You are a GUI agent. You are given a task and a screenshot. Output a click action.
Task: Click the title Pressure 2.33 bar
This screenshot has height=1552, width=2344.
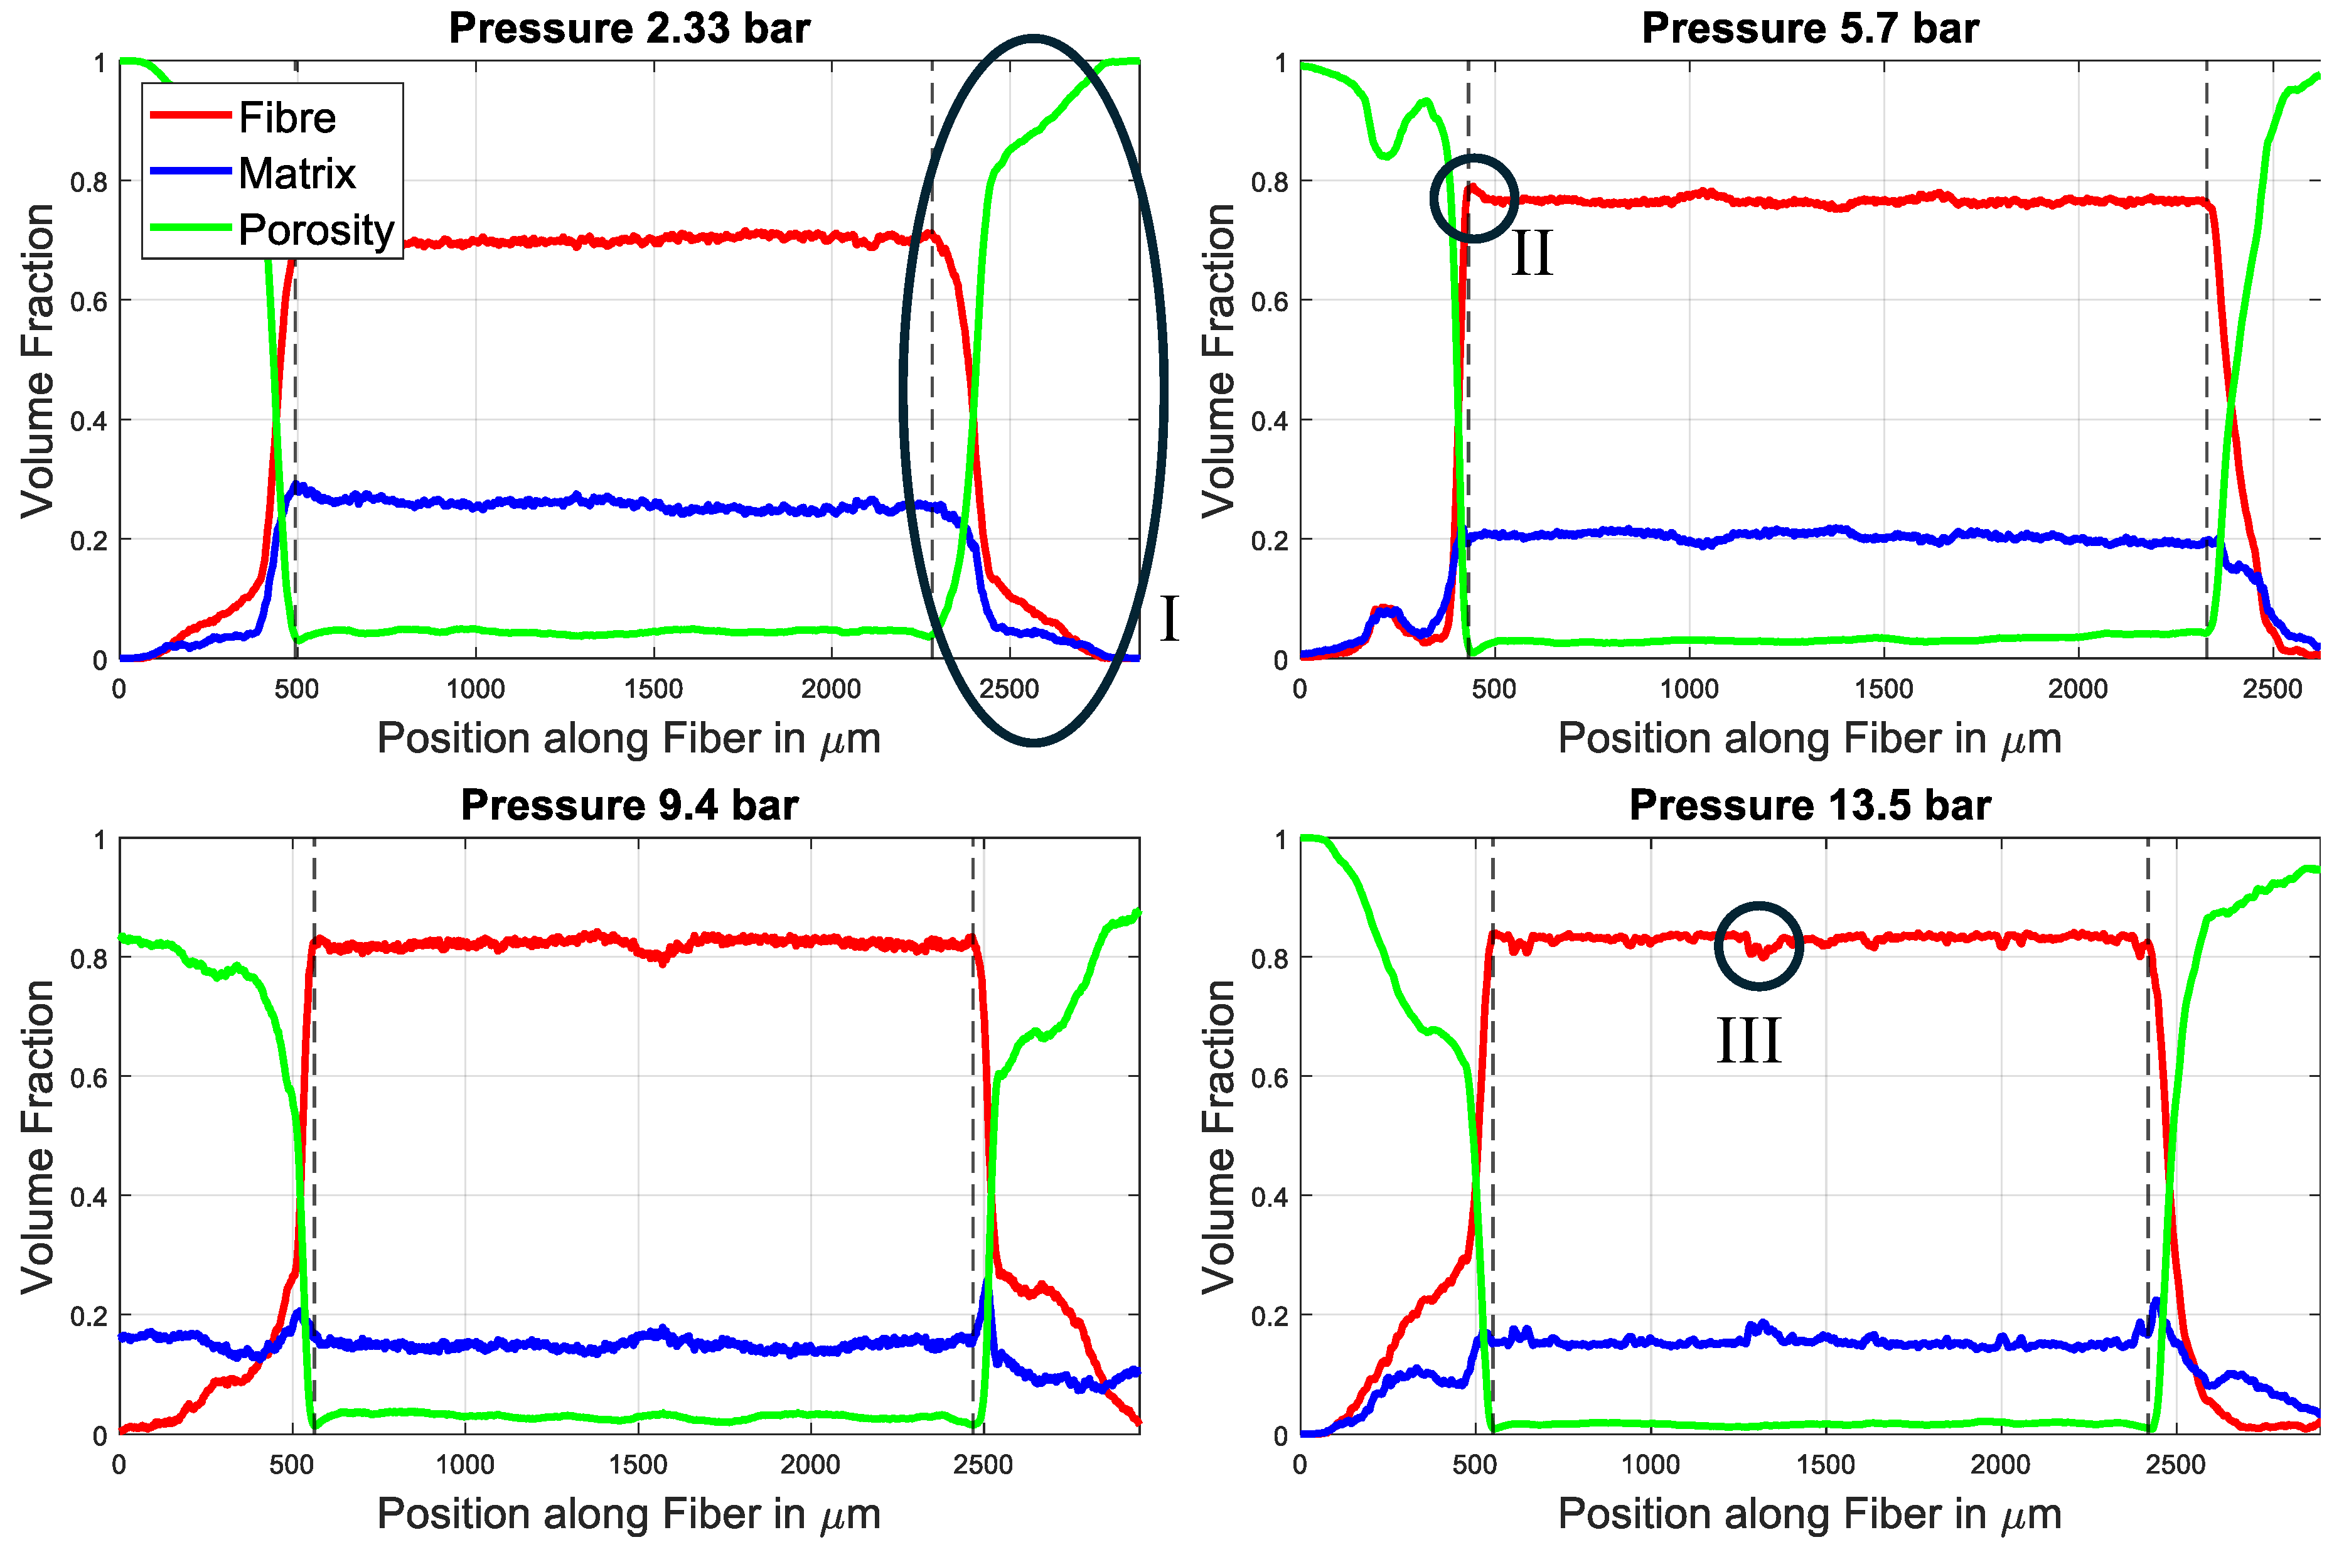[629, 28]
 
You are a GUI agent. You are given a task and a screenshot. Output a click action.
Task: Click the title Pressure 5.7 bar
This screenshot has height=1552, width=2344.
[1809, 28]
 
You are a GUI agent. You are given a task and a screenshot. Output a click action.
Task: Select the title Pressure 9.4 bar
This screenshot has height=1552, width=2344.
[629, 805]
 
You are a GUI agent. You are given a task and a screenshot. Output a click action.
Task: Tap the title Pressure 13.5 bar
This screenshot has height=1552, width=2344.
[1809, 805]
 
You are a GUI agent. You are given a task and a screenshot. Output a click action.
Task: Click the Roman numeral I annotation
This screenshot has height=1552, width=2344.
[1169, 619]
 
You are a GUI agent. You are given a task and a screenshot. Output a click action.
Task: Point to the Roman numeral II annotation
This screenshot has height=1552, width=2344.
[1531, 254]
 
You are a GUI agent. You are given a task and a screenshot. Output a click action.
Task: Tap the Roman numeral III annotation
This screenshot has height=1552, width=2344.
[1749, 1041]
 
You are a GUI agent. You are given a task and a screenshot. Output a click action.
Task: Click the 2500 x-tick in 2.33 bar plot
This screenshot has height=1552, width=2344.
[1009, 690]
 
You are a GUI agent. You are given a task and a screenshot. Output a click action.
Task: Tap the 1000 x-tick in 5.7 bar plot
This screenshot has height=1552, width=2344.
[1689, 690]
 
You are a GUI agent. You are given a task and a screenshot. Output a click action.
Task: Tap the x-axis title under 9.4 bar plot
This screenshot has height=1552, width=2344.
[629, 1514]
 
